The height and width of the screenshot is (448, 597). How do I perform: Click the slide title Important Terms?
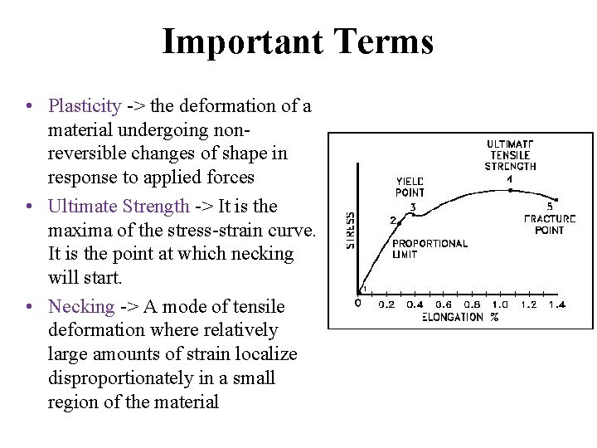(298, 41)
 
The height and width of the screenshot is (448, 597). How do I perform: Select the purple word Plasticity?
(85, 106)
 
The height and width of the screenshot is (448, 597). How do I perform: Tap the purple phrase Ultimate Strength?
(119, 207)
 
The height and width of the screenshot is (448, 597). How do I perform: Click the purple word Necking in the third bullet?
(81, 307)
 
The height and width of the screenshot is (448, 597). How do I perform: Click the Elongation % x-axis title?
(460, 317)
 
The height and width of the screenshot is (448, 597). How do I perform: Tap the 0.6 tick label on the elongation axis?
(444, 304)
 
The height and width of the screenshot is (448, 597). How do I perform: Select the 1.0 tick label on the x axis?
(500, 304)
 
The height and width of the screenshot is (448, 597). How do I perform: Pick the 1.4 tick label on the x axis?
(556, 304)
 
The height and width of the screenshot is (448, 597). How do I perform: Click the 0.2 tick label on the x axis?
(387, 304)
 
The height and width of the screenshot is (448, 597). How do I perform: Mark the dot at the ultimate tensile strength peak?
(509, 189)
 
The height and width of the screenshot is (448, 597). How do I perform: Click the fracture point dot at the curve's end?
(556, 200)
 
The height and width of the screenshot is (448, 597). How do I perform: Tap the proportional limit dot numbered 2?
(399, 222)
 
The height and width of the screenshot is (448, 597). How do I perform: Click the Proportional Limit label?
(429, 249)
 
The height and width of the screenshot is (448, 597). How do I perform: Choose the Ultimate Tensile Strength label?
(510, 155)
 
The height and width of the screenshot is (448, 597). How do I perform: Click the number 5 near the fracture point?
(551, 206)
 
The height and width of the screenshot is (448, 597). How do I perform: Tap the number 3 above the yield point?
(412, 206)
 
